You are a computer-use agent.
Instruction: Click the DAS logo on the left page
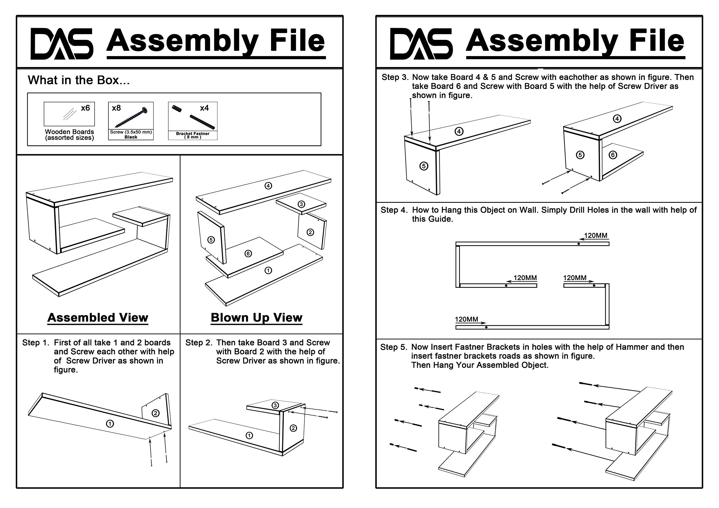tap(62, 43)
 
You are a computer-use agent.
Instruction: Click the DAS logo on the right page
tap(421, 43)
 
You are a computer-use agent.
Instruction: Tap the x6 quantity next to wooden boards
tap(85, 108)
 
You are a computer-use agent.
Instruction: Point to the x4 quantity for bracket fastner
tap(204, 108)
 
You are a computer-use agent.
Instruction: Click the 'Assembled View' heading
tap(98, 318)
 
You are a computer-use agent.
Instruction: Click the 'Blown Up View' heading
tap(256, 318)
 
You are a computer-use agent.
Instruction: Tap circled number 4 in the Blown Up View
tap(268, 186)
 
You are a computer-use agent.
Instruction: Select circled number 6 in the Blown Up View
tap(248, 253)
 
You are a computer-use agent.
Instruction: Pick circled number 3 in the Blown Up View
tap(301, 204)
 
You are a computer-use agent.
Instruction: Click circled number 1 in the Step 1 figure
tap(110, 424)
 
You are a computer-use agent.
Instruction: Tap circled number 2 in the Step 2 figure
tap(293, 428)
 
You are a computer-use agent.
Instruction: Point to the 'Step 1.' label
tap(36, 343)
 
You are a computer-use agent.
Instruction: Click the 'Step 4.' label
tap(394, 210)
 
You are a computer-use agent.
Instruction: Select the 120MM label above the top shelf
tap(596, 236)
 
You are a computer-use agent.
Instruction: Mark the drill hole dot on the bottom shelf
tap(486, 328)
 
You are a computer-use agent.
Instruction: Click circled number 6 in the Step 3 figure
tap(613, 155)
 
